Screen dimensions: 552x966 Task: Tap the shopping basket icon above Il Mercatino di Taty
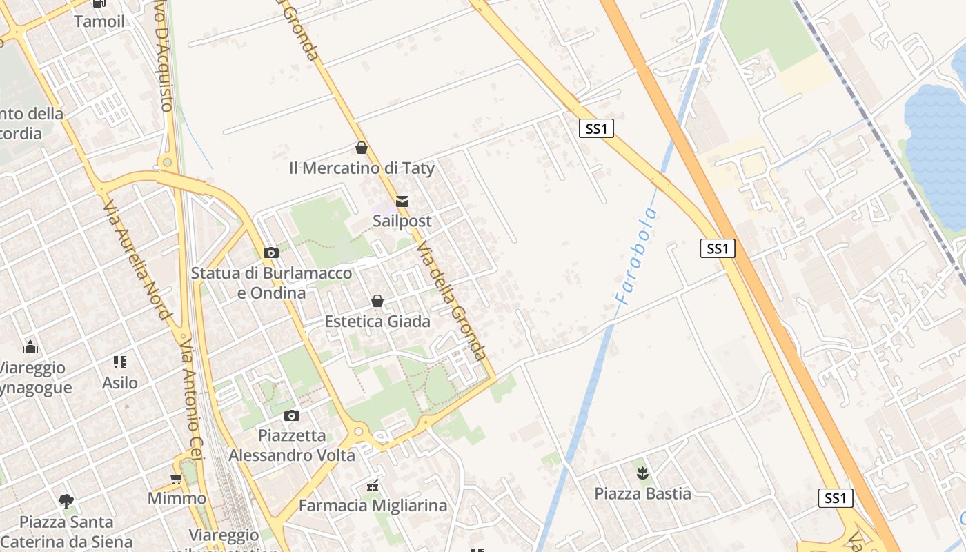click(x=361, y=148)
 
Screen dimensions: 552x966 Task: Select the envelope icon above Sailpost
click(x=402, y=201)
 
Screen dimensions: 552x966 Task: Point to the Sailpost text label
click(x=402, y=221)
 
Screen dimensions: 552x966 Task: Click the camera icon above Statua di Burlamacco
click(x=271, y=253)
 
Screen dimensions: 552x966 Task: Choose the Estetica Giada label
click(x=377, y=321)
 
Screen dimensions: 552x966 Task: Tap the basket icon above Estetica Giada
click(x=377, y=301)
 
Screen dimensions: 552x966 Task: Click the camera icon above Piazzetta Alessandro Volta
click(x=292, y=415)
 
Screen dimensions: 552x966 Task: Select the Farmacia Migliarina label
click(x=373, y=506)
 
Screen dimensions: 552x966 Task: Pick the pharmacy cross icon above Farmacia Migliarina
click(x=373, y=486)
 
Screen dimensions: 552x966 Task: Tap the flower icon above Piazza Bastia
click(x=642, y=473)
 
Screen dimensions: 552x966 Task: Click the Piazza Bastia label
click(x=642, y=493)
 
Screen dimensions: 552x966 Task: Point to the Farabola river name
click(x=635, y=257)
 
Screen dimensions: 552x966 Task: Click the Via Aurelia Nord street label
click(x=137, y=259)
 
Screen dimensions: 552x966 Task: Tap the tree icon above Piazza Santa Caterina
click(x=66, y=502)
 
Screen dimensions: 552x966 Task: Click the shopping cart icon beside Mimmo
click(x=177, y=478)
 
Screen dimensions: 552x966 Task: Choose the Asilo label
click(x=120, y=382)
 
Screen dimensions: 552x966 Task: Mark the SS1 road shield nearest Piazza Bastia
click(x=835, y=498)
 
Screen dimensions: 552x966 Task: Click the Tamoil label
click(x=99, y=21)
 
